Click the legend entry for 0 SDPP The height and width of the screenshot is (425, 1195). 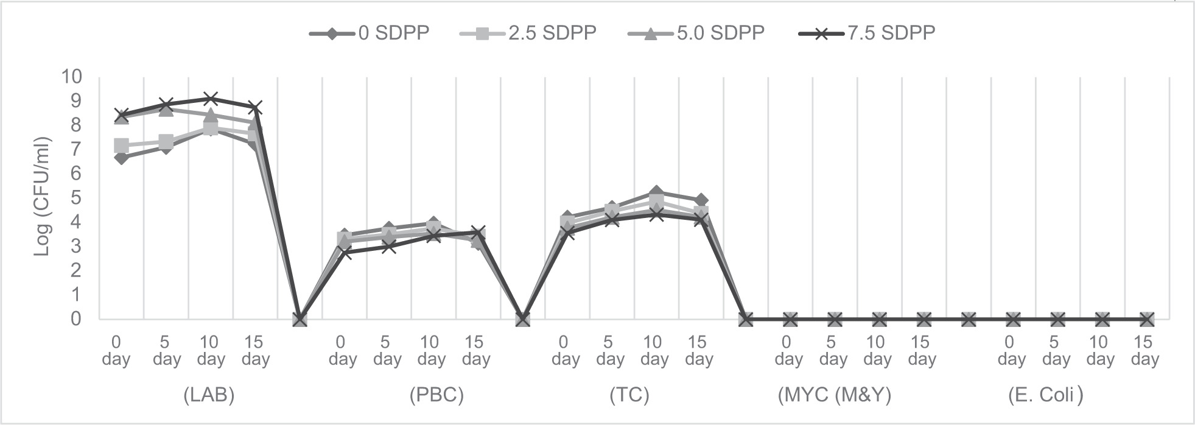[x=370, y=33]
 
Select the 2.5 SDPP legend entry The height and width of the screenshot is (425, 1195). [x=529, y=33]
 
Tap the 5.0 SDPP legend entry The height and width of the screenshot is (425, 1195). [x=696, y=33]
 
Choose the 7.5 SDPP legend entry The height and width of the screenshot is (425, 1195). [x=867, y=33]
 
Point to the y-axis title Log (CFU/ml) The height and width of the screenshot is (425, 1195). [x=42, y=197]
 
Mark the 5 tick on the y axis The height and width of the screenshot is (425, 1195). [x=77, y=198]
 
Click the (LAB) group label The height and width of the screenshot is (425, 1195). [x=209, y=395]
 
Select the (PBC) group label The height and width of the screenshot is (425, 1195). [x=436, y=395]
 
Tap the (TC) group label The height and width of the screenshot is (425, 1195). [x=629, y=395]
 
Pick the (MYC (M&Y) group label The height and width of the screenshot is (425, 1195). [x=834, y=395]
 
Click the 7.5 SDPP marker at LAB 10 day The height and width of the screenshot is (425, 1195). [x=211, y=99]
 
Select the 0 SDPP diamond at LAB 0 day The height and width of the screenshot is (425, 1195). [x=121, y=158]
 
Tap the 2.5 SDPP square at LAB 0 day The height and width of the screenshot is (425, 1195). [x=121, y=146]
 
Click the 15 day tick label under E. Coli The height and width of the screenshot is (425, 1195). [x=1144, y=351]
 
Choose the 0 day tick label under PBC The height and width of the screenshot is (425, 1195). [x=343, y=351]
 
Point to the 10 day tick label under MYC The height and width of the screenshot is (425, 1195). [x=877, y=351]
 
